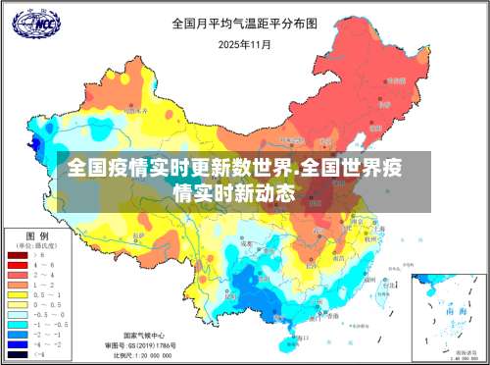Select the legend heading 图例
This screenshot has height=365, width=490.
(x=36, y=236)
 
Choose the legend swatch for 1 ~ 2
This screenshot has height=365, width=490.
(x=18, y=285)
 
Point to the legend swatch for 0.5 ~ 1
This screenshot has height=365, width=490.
(x=18, y=294)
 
